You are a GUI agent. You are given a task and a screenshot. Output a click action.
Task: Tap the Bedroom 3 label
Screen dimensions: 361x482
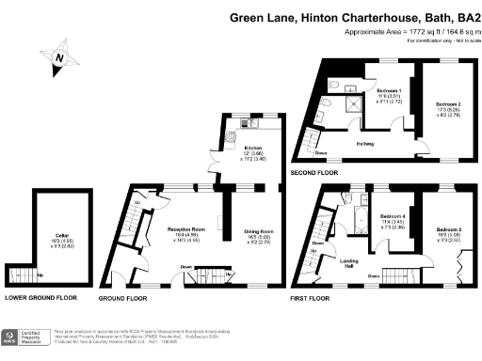pyautogui.click(x=448, y=233)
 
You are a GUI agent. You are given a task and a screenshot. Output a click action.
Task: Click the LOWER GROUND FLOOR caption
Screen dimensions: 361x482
pyautogui.click(x=40, y=297)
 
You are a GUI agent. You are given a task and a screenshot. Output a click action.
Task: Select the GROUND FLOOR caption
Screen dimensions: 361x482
pyautogui.click(x=123, y=297)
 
